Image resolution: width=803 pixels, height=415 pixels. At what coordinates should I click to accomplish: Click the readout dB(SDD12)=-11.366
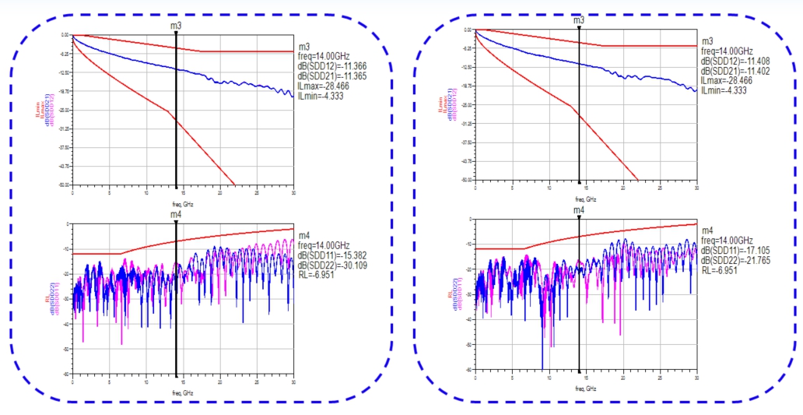332,67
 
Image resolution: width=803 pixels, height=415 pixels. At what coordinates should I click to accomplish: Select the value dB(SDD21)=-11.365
332,76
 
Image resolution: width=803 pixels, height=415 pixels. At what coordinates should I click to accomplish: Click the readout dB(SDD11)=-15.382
332,255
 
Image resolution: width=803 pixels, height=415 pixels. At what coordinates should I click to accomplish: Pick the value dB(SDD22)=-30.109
332,265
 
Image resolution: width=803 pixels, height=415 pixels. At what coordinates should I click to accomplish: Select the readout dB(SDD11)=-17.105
735,249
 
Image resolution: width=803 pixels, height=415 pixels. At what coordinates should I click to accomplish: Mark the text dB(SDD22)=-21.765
735,259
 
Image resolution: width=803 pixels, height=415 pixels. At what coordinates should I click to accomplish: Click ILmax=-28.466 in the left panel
324,86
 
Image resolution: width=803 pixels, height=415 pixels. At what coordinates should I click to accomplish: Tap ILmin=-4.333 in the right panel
724,90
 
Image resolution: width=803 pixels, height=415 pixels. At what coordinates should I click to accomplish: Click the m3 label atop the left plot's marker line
177,26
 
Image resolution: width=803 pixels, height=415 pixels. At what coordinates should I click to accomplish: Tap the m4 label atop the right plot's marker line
579,210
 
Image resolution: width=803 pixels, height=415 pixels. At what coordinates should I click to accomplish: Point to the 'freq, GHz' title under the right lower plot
586,388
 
